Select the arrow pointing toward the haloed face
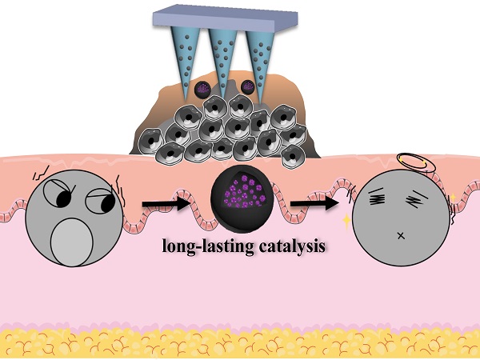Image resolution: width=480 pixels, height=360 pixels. (314, 203)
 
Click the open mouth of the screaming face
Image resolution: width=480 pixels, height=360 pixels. (72, 242)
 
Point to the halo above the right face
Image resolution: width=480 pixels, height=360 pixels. (416, 163)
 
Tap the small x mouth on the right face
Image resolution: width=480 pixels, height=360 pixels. (401, 235)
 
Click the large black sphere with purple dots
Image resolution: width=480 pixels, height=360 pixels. (242, 198)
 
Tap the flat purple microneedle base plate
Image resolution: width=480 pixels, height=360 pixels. (226, 18)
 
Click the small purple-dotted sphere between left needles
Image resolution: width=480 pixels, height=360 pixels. (202, 90)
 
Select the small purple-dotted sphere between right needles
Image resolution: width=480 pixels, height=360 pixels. (248, 86)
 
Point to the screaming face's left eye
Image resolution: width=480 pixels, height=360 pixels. (60, 194)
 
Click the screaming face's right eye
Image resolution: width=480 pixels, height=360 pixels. (101, 201)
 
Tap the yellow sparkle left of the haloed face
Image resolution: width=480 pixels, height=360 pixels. (346, 221)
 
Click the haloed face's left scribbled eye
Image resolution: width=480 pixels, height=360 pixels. (377, 196)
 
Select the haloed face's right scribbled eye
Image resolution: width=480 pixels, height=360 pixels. (416, 198)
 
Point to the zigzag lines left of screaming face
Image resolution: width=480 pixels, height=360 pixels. (41, 173)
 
